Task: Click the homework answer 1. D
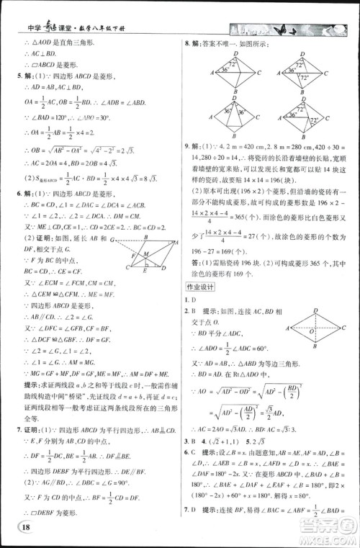pos(192,299)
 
